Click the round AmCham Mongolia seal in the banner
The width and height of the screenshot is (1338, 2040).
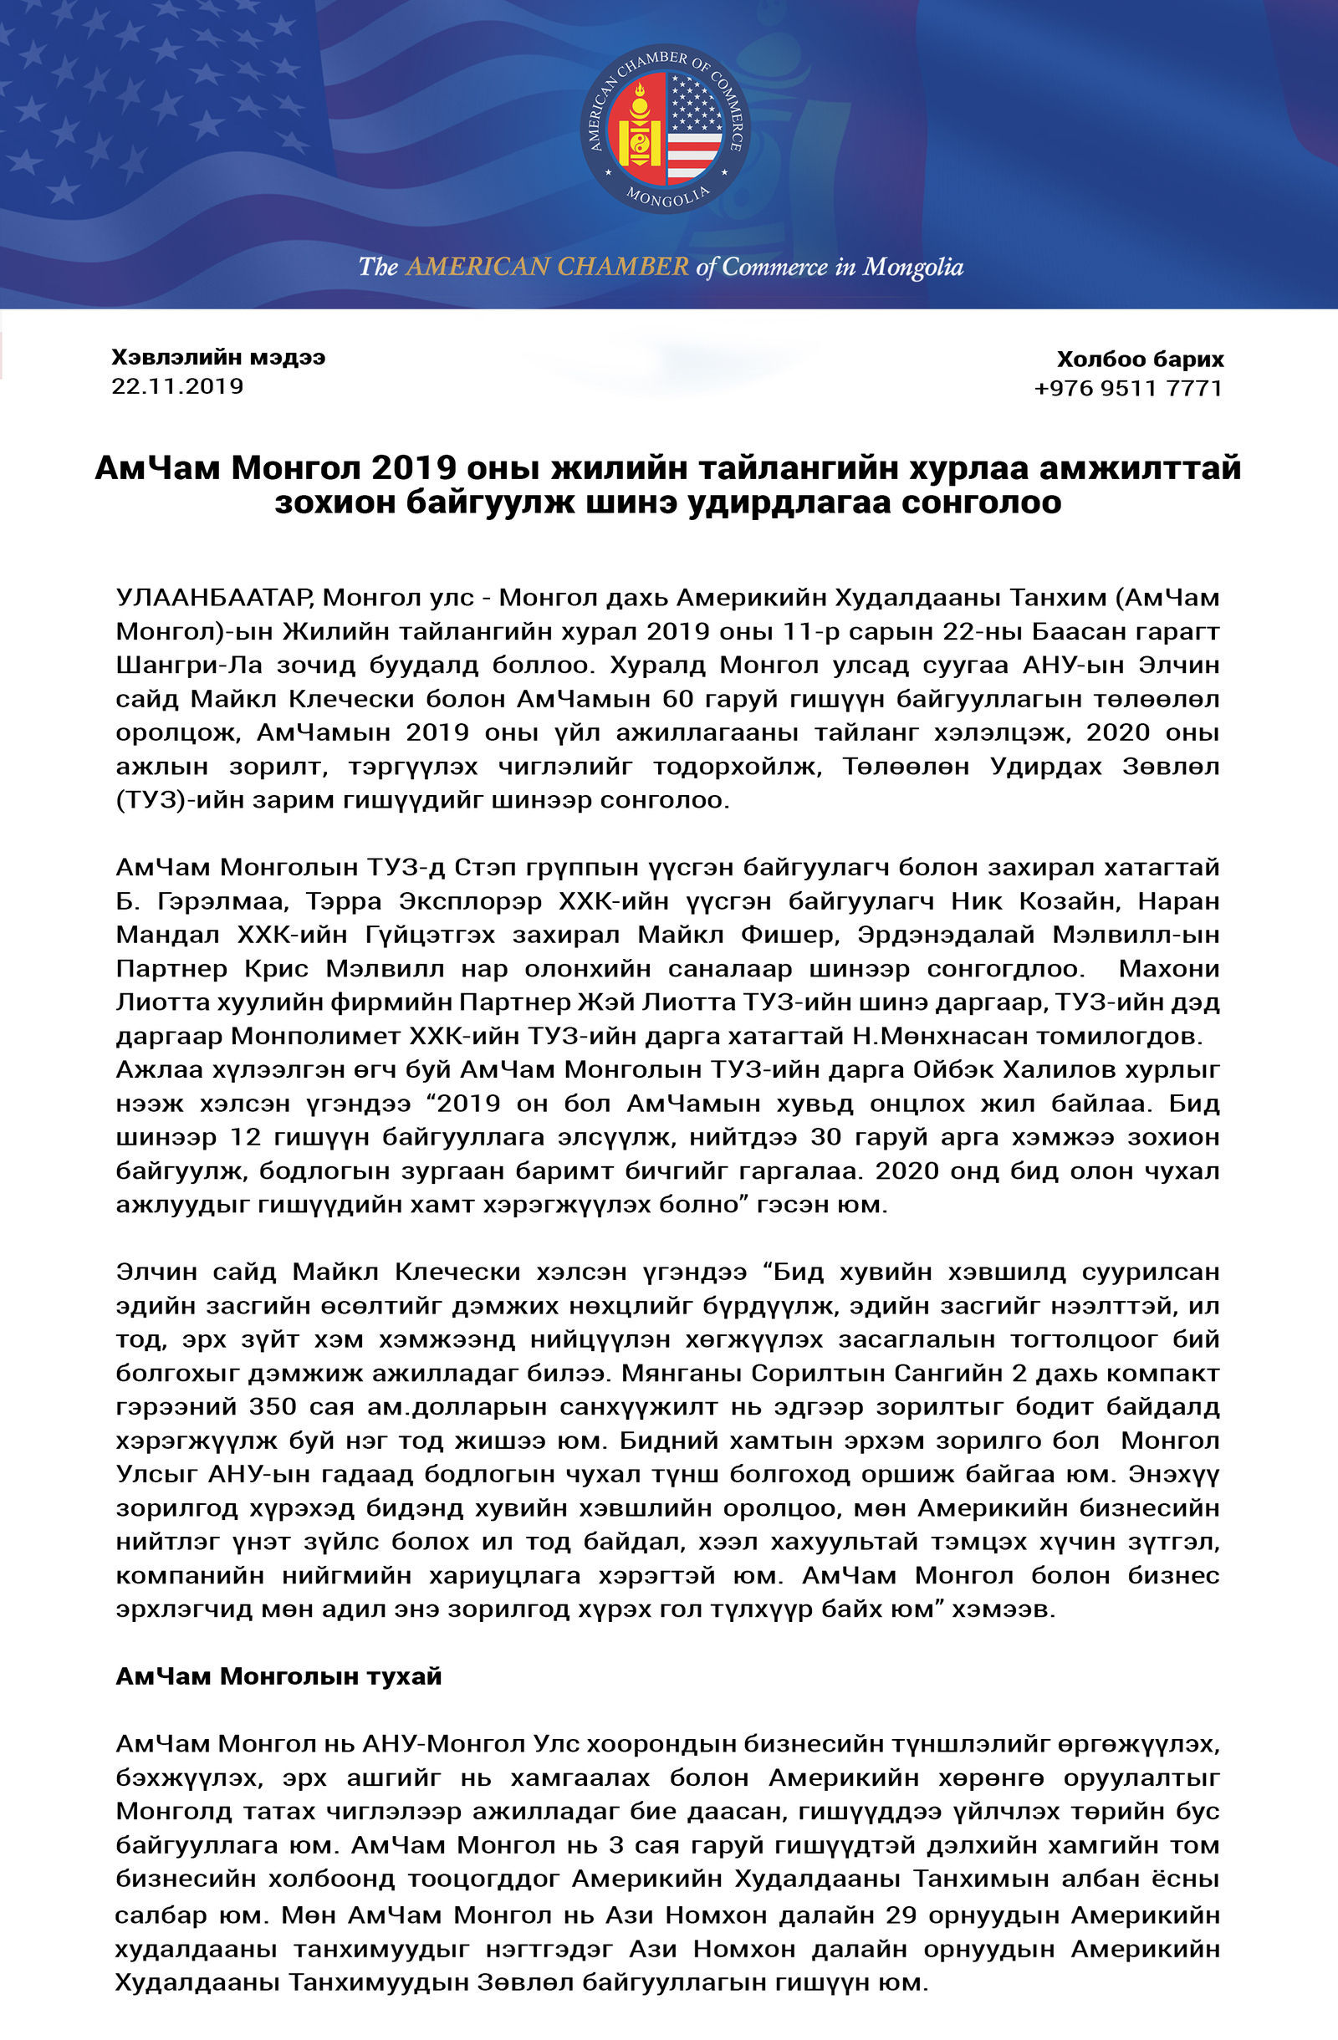coord(665,129)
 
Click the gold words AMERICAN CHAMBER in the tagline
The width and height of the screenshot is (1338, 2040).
coord(547,267)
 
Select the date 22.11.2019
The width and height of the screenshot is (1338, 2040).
coord(177,385)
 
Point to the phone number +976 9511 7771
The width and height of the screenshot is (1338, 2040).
coord(1128,388)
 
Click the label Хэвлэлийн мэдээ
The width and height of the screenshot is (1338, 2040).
coord(218,358)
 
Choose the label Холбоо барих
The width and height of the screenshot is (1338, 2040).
coord(1140,360)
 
